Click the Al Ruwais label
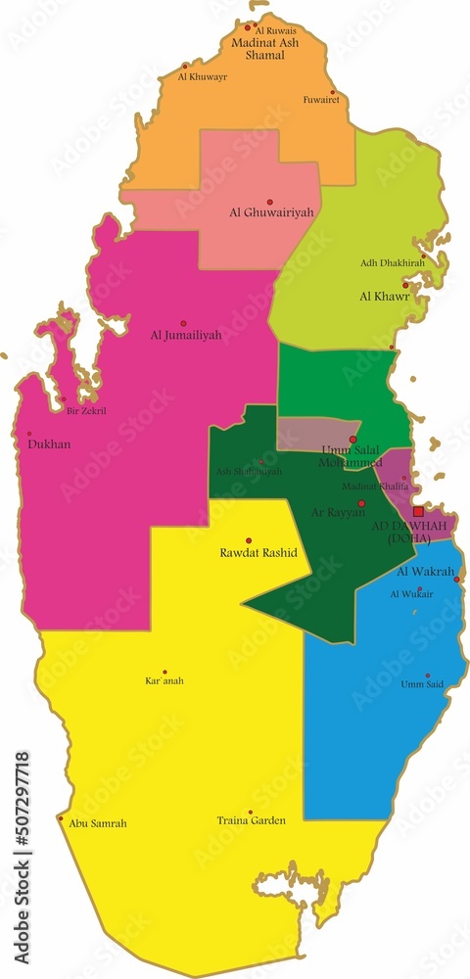click(x=275, y=31)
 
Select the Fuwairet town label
click(x=321, y=99)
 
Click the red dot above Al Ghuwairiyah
click(x=270, y=202)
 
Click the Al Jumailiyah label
click(x=186, y=335)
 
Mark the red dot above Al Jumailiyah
click(x=182, y=323)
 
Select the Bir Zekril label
click(x=86, y=411)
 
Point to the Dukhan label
click(x=49, y=444)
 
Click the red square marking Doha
click(x=418, y=511)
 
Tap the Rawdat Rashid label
click(x=258, y=553)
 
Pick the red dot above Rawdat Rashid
click(x=249, y=540)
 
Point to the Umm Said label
click(x=423, y=684)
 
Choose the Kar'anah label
click(x=164, y=680)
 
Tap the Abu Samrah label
click(x=98, y=823)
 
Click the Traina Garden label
click(x=252, y=820)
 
